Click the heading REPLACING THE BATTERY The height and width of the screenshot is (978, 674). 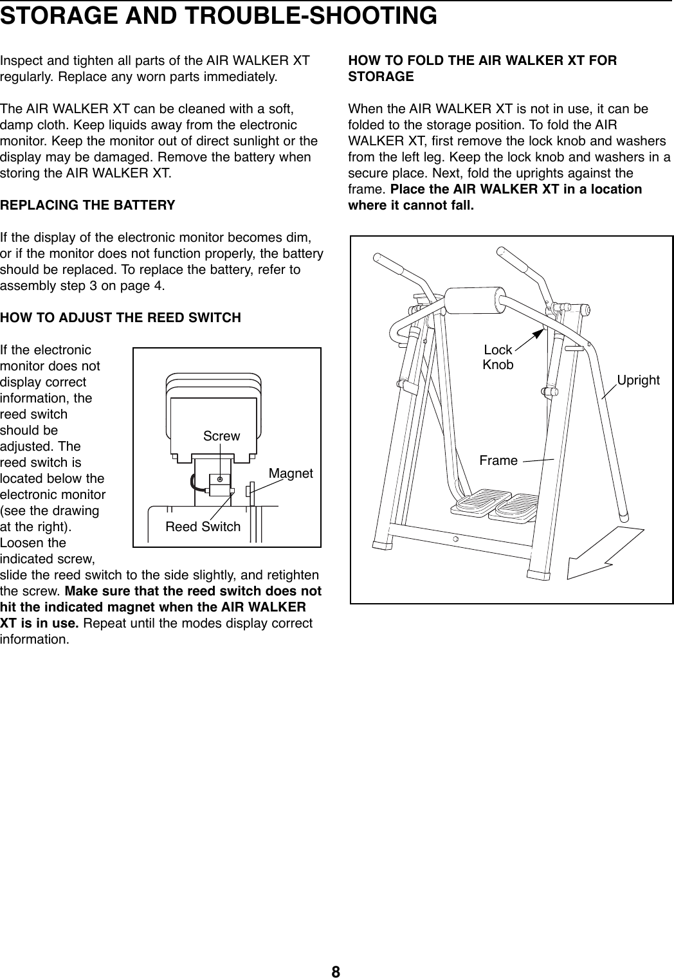[x=87, y=206]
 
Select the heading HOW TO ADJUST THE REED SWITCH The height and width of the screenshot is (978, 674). [x=121, y=318]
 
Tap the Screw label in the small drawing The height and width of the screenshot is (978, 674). [x=221, y=436]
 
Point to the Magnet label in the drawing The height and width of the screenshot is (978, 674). [x=291, y=473]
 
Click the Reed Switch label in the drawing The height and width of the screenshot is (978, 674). [x=203, y=527]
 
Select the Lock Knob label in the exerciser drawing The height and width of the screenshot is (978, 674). [x=498, y=358]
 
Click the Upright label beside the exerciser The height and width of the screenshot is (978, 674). [x=638, y=380]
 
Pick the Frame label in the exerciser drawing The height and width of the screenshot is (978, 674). [x=498, y=460]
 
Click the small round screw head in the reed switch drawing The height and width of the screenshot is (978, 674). [x=221, y=480]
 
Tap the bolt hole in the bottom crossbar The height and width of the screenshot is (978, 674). [x=455, y=539]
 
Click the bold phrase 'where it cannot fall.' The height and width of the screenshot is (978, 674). [x=410, y=206]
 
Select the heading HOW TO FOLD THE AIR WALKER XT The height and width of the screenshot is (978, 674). [x=482, y=60]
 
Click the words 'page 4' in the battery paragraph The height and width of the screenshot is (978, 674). [x=145, y=285]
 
